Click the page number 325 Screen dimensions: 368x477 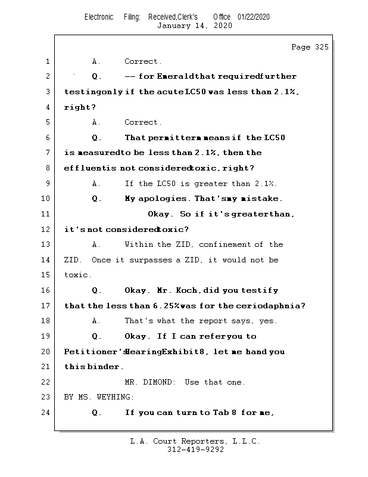click(x=322, y=47)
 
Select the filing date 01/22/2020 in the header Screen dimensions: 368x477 click(x=254, y=17)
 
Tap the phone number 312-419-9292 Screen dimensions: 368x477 click(x=195, y=450)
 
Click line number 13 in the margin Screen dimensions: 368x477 click(x=45, y=244)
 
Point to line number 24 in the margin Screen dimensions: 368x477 click(x=45, y=412)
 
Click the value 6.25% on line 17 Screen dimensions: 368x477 click(x=166, y=306)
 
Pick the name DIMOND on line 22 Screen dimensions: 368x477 click(x=158, y=382)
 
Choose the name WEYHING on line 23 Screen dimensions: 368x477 click(x=114, y=397)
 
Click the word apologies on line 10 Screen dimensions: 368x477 click(x=163, y=199)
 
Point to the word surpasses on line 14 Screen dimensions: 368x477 click(x=151, y=260)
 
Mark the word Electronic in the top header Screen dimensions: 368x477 click(x=99, y=17)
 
